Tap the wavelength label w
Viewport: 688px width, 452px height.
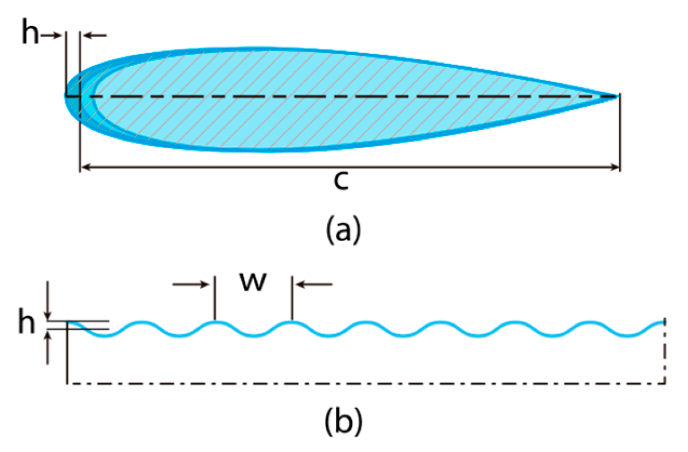(254, 282)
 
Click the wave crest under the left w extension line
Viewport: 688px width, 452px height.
(215, 322)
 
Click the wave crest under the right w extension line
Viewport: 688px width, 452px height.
(292, 322)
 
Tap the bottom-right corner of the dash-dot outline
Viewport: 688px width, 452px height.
(664, 383)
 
